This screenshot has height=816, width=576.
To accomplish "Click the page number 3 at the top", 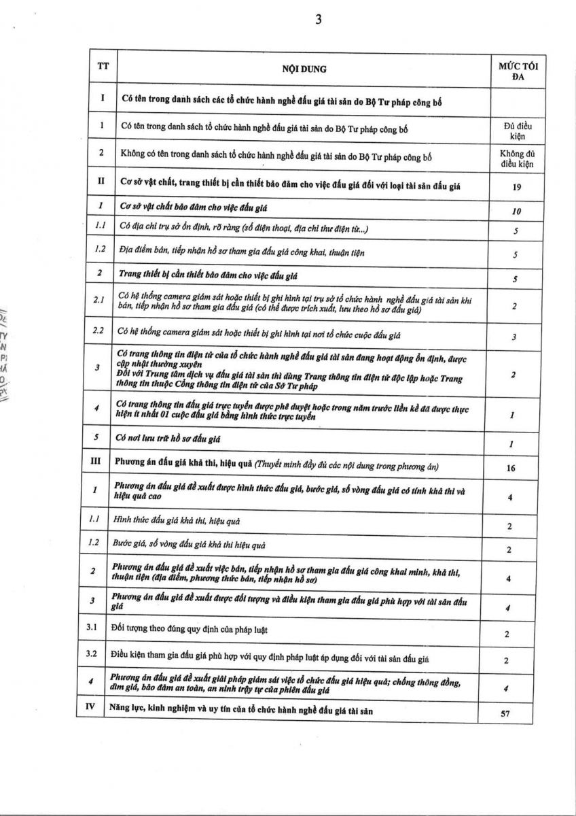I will point(318,20).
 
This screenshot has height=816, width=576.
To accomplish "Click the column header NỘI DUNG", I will point(304,69).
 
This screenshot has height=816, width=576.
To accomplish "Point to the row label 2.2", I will point(98,330).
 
